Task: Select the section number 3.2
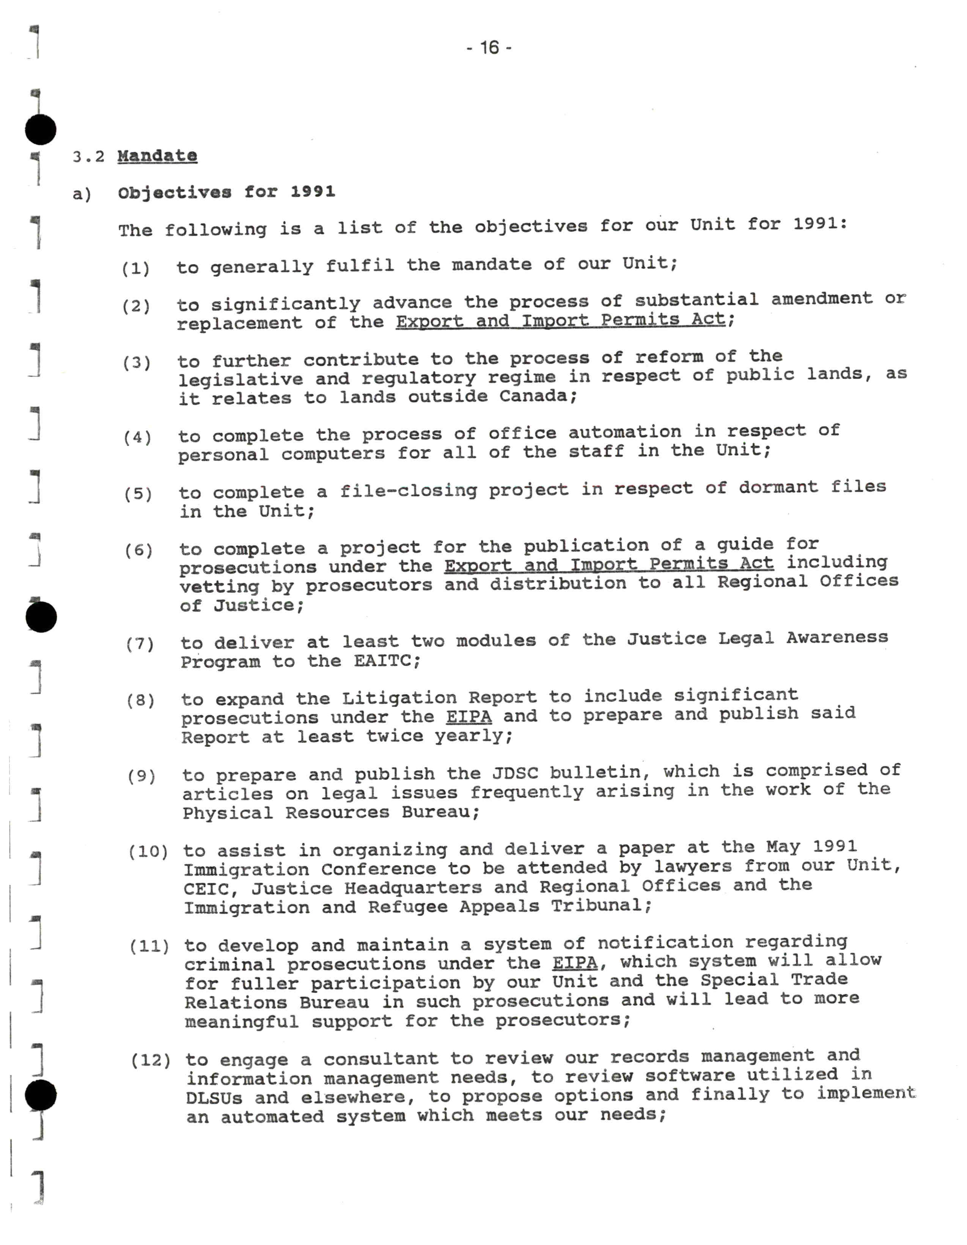(88, 157)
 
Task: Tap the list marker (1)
(136, 268)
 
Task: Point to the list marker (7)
(140, 644)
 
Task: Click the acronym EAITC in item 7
(386, 661)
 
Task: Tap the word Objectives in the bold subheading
(175, 193)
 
